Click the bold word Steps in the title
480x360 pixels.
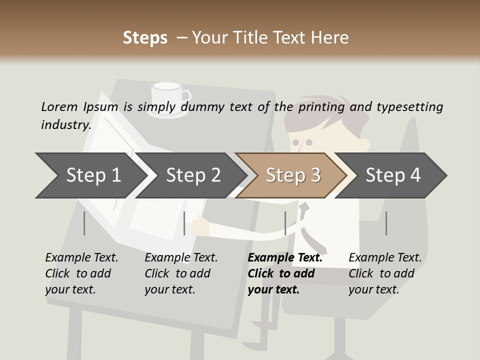coord(145,38)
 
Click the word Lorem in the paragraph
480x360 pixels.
coord(59,106)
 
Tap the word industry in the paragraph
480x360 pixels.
coord(65,125)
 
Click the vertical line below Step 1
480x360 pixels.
coord(84,223)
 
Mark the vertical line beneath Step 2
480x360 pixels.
coord(184,223)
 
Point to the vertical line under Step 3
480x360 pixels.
coord(285,223)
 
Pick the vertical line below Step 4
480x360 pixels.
coord(386,223)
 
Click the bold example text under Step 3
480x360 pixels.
coord(285,273)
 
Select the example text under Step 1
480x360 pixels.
coord(81,273)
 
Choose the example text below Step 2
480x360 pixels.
coord(181,273)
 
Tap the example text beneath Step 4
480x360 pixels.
coord(385,273)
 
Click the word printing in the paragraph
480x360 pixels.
coord(321,107)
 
